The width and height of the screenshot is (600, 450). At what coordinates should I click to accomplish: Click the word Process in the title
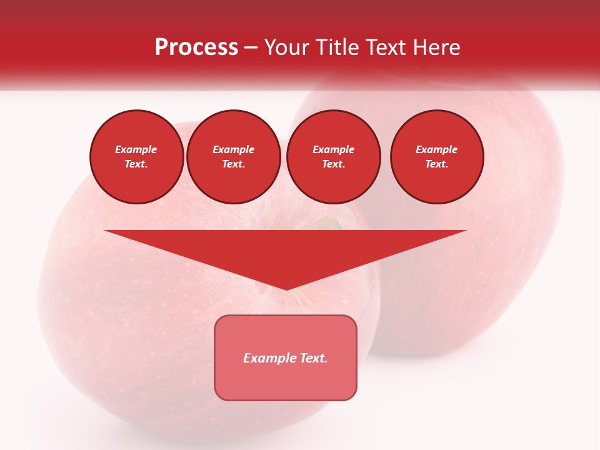196,47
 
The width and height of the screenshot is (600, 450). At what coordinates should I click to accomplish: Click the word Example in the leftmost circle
136,149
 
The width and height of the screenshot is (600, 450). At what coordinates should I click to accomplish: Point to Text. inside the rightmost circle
437,164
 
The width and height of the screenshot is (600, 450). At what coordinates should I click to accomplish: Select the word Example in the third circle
334,149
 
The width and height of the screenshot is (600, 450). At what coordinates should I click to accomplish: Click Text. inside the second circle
234,164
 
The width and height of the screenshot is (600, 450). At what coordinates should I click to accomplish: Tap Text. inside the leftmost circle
136,164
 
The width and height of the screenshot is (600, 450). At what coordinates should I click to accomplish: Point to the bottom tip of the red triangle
286,289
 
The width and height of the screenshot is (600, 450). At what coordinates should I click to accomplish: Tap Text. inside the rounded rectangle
312,358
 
